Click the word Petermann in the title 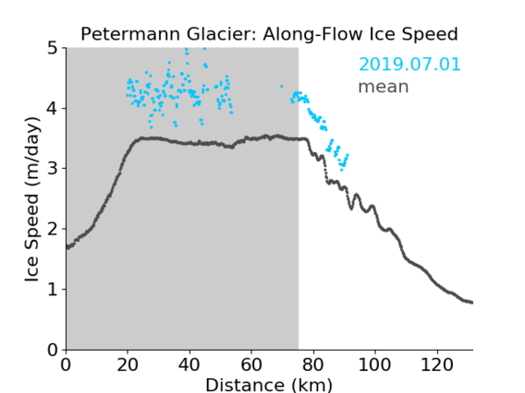[131, 34]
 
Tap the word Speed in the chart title [430, 34]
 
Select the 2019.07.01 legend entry [409, 64]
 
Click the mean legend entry [384, 87]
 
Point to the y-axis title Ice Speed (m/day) [32, 199]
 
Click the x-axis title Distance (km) [269, 385]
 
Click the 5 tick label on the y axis [53, 48]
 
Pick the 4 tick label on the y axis [53, 108]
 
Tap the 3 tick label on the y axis [53, 169]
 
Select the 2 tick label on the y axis [53, 229]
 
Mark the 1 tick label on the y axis [53, 290]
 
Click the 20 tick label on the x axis [128, 364]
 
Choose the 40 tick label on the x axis [189, 364]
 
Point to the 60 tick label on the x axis [251, 364]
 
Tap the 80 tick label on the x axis [313, 364]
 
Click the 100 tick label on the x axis [374, 364]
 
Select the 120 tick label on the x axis [436, 364]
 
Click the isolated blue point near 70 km [282, 87]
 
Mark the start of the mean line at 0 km [67, 247]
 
